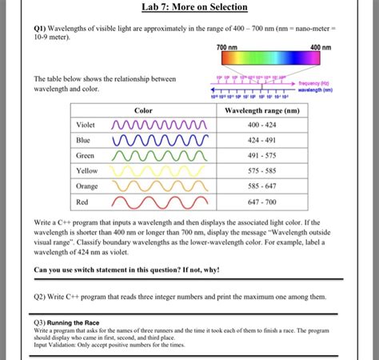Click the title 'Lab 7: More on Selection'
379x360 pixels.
pyautogui.click(x=193, y=8)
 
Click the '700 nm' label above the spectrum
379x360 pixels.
pyautogui.click(x=227, y=48)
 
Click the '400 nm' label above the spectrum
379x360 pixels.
pyautogui.click(x=321, y=48)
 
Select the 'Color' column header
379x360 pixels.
pyautogui.click(x=143, y=110)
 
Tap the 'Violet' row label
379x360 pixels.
pyautogui.click(x=85, y=126)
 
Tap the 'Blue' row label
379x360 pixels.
pyautogui.click(x=83, y=140)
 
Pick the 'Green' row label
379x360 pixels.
pyautogui.click(x=85, y=155)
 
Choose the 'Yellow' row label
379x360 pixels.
pyautogui.click(x=86, y=170)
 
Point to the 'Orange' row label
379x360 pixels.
pyautogui.click(x=86, y=186)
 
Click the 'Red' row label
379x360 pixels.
pyautogui.click(x=82, y=201)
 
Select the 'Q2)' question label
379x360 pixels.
pyautogui.click(x=41, y=296)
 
